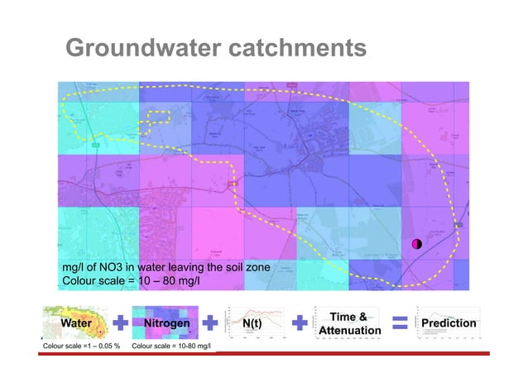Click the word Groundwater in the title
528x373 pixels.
141,50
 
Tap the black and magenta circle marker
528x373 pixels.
417,243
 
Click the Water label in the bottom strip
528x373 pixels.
75,323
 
